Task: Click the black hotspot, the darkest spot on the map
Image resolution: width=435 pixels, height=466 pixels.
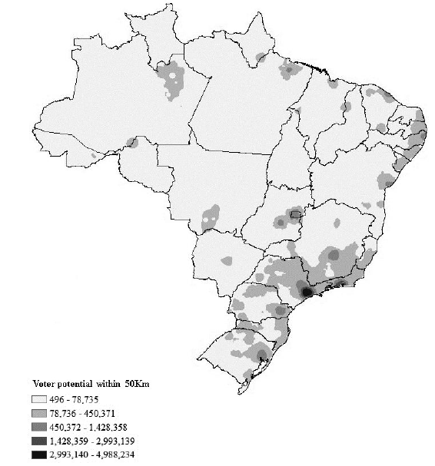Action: tap(307, 292)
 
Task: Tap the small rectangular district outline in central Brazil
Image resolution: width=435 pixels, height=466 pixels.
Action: tap(294, 214)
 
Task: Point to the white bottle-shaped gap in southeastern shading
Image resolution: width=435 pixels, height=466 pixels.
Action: tap(329, 269)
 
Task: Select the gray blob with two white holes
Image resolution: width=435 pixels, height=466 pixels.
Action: tap(210, 219)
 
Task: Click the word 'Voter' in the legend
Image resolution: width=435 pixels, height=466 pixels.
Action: tap(45, 383)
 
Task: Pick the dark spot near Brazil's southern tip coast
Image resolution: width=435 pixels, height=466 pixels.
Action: tap(263, 355)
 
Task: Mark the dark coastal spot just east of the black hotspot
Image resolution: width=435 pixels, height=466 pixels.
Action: tap(337, 287)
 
